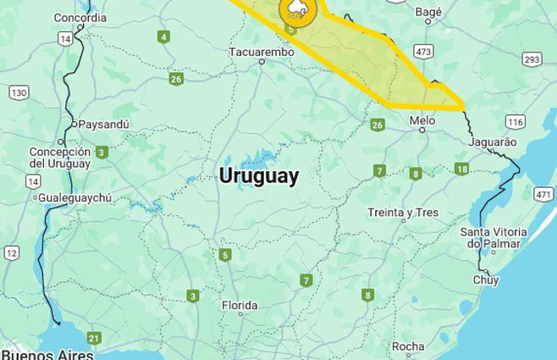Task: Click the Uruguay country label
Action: (258, 176)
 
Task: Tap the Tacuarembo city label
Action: (262, 52)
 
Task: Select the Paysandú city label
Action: (103, 124)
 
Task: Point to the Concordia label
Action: (80, 17)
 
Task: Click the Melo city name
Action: (422, 121)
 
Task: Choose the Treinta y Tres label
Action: (403, 212)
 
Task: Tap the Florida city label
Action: (240, 305)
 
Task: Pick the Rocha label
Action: (408, 346)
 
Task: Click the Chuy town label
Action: (486, 280)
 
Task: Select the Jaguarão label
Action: (492, 141)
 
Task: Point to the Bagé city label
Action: (429, 13)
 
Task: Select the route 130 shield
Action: (19, 91)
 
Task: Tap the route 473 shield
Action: (424, 52)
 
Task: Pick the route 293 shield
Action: (532, 58)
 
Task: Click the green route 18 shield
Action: (461, 169)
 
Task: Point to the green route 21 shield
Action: (93, 338)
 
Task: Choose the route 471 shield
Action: (543, 195)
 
